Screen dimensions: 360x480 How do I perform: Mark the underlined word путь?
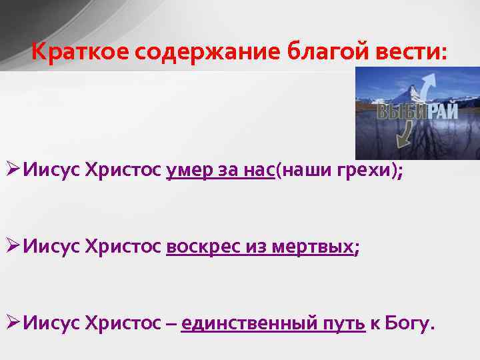click(345, 324)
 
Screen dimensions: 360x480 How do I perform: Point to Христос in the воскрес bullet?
click(124, 248)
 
